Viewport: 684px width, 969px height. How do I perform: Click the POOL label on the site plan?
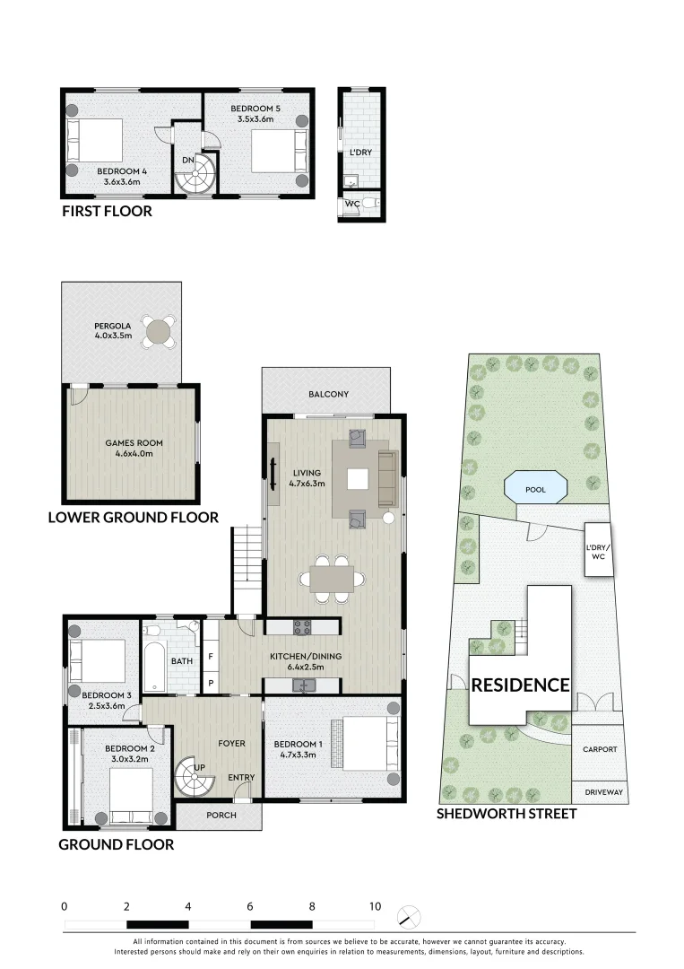(x=536, y=490)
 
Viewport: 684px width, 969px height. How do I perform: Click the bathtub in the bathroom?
(x=153, y=664)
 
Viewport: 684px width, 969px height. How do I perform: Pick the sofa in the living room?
(x=387, y=477)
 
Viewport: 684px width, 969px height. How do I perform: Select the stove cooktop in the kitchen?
(x=303, y=626)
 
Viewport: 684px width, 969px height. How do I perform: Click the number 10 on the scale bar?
(x=374, y=906)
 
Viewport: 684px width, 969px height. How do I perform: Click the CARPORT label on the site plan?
(x=600, y=750)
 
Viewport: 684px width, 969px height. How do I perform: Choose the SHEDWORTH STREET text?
(x=506, y=814)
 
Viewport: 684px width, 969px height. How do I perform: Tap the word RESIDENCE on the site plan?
(x=521, y=685)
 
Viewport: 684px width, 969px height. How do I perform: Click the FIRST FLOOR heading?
(x=107, y=212)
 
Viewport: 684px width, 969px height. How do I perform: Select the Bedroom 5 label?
(x=259, y=112)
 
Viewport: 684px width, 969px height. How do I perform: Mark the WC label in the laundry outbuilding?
(x=352, y=205)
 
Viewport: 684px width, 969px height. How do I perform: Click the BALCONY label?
(x=328, y=394)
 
